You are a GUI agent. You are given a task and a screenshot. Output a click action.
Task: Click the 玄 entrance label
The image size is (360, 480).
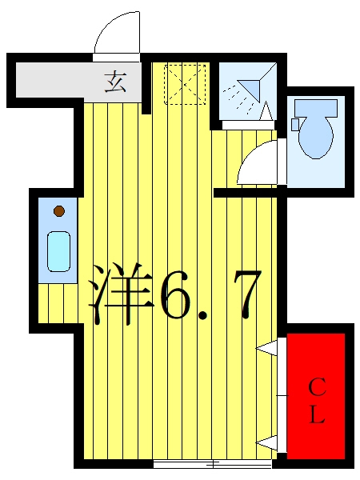point(115,82)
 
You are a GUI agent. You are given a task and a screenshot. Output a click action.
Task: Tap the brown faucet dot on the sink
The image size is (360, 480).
point(58,211)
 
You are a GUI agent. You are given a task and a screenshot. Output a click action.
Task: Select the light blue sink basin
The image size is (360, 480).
point(58,251)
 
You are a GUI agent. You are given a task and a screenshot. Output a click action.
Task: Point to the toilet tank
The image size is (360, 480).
point(316,107)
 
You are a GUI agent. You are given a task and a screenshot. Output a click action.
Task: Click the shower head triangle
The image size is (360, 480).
point(249,89)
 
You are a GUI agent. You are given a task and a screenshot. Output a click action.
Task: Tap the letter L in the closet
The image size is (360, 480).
point(317,414)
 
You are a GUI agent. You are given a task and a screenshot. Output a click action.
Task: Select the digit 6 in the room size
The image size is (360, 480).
point(176,294)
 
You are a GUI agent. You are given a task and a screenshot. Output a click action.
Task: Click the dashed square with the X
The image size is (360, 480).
point(185,84)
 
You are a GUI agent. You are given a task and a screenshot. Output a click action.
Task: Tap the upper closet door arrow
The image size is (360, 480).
point(266,347)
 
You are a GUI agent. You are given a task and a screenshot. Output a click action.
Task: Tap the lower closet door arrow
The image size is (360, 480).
point(266,442)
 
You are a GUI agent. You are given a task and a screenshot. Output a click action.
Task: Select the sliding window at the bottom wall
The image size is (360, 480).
point(213,464)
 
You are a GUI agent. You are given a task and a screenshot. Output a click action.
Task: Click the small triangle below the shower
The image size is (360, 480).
point(266,110)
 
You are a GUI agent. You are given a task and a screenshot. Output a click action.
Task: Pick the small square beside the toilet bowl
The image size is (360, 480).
point(294,125)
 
